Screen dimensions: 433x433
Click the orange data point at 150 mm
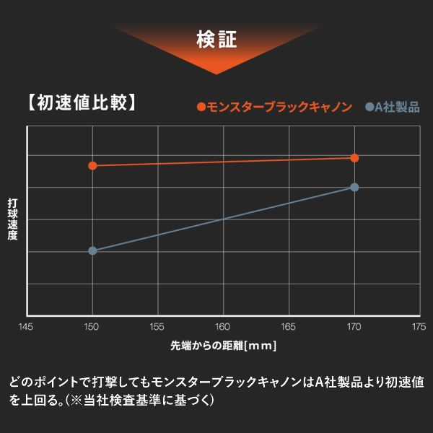click(92, 165)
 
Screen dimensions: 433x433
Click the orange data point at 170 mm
click(354, 158)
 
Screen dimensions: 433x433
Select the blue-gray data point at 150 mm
click(92, 250)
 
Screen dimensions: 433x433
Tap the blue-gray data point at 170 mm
click(354, 187)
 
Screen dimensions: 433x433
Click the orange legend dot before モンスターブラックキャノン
click(201, 108)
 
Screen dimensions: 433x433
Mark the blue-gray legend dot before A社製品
click(369, 108)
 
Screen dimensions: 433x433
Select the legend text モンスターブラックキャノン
click(279, 108)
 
